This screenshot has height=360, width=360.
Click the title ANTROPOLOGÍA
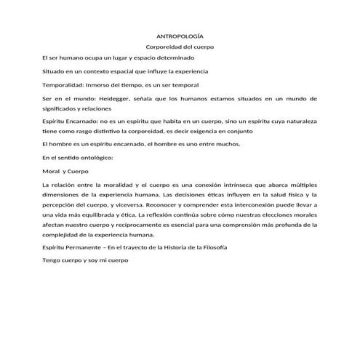click(x=180, y=36)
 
